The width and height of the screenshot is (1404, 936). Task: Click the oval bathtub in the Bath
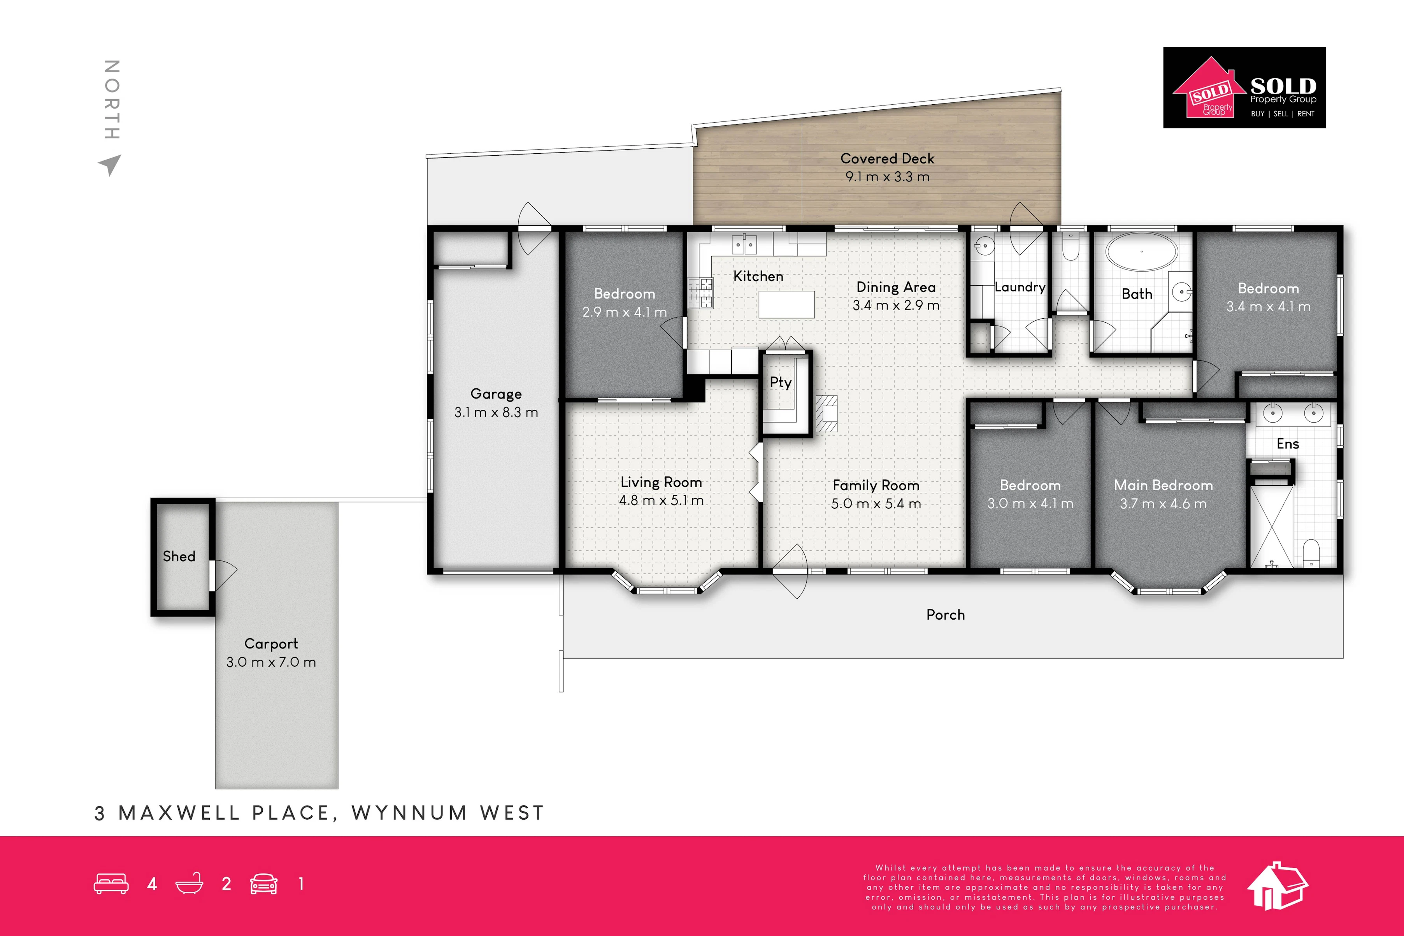(x=1141, y=252)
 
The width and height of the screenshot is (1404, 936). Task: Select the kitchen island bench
(x=786, y=304)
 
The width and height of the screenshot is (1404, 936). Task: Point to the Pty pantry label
(x=781, y=383)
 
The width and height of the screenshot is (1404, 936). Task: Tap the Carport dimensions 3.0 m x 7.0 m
(x=271, y=662)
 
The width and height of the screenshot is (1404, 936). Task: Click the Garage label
(x=496, y=394)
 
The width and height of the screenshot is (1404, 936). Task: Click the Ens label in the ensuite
(x=1288, y=444)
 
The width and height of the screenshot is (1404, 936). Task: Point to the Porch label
(x=945, y=615)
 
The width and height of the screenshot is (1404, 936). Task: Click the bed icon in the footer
(x=111, y=884)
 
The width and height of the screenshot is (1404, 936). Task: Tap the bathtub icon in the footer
(x=189, y=883)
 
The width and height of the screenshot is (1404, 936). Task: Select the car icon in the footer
(x=264, y=884)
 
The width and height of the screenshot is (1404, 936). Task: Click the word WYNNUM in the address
(x=409, y=813)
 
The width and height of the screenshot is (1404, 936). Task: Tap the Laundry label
(x=1020, y=287)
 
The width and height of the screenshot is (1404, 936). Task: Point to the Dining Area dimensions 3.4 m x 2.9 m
(x=896, y=306)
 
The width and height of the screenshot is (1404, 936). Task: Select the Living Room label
(x=661, y=482)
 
